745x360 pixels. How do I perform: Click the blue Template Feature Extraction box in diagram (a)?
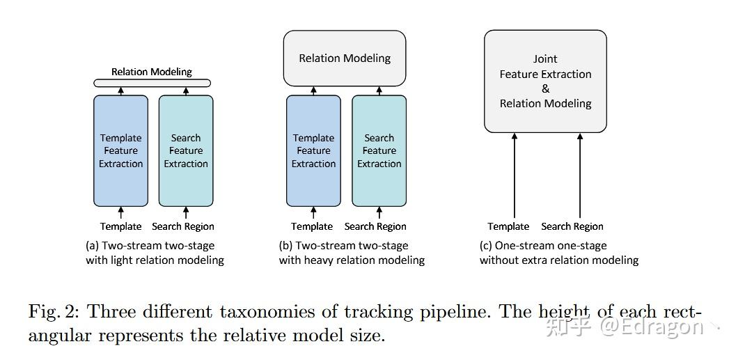(x=120, y=151)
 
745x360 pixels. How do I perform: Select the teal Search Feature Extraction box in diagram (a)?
(x=186, y=151)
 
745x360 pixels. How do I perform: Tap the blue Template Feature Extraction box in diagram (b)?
(x=313, y=151)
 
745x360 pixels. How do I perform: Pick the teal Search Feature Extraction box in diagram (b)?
(x=379, y=151)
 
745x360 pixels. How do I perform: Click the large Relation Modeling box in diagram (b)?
(x=345, y=58)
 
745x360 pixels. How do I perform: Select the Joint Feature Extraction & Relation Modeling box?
(x=545, y=81)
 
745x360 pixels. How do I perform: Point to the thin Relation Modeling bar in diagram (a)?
(x=152, y=84)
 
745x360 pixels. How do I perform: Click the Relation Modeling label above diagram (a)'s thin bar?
(x=152, y=72)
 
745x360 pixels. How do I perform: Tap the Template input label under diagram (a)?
(x=120, y=226)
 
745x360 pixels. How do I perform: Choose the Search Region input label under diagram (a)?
(x=183, y=226)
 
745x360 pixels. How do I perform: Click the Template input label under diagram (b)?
(x=312, y=226)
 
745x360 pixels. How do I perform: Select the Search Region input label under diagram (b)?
(x=375, y=226)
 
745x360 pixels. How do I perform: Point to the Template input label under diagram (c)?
(x=508, y=226)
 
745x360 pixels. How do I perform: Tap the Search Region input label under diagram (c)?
(x=572, y=226)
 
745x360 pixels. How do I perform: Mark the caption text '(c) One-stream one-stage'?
(x=543, y=246)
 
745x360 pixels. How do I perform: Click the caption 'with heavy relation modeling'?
(x=352, y=260)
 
